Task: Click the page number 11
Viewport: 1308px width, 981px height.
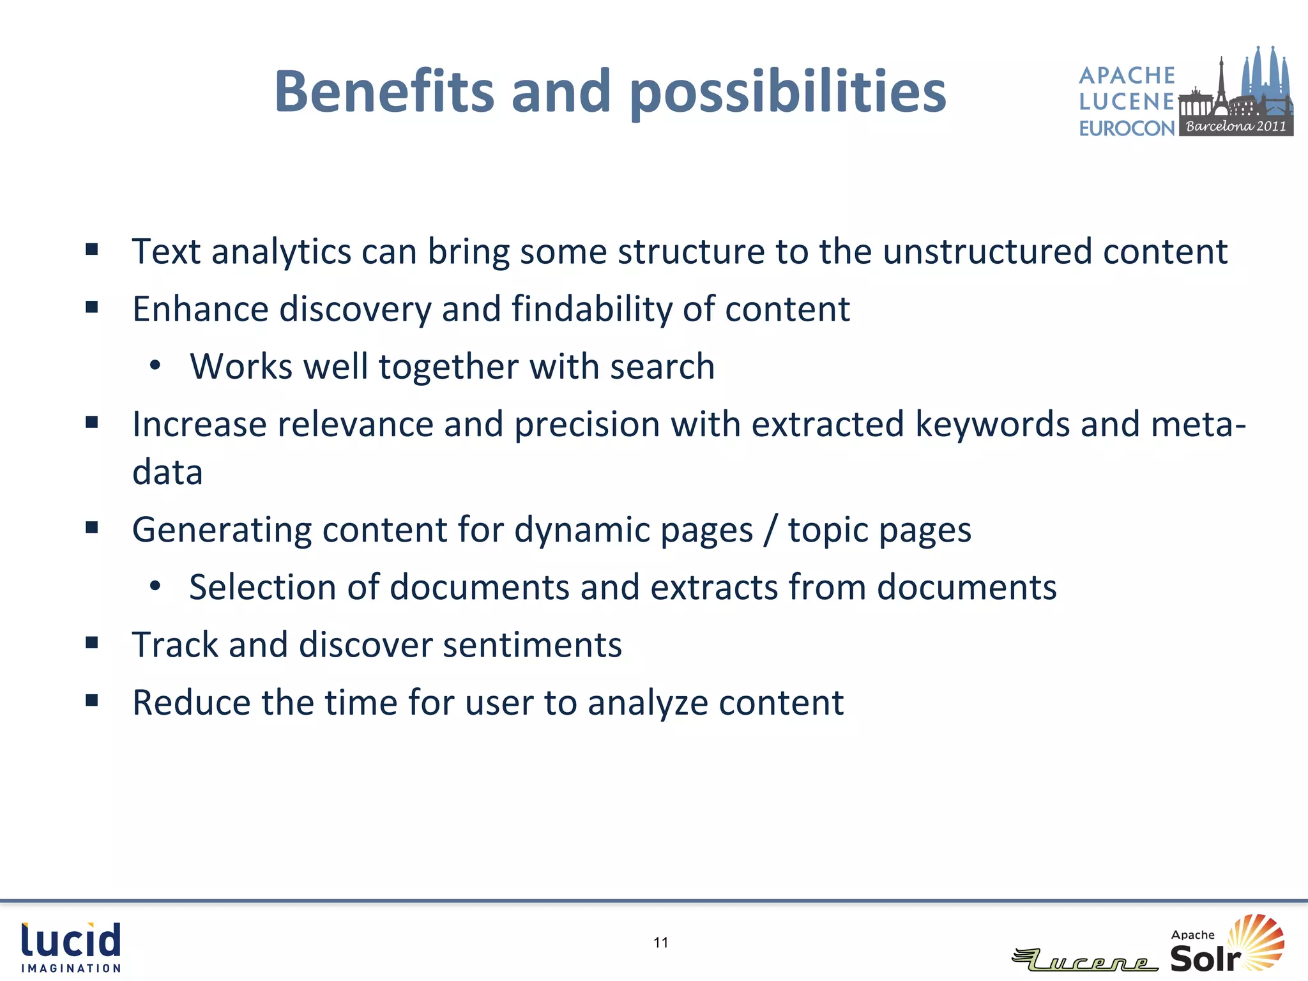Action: pos(661,942)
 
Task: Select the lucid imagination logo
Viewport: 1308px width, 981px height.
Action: pos(71,947)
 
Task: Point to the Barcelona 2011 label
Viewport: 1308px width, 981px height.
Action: pos(1236,126)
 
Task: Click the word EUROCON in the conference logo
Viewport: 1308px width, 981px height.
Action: pos(1127,128)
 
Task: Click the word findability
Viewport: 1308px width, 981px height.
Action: pos(591,309)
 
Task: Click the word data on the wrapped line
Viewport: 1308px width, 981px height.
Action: pos(167,472)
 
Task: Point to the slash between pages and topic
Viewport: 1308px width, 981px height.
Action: pos(770,530)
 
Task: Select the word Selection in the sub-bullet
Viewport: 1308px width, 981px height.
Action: pos(262,587)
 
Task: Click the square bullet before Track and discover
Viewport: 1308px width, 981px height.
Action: pos(92,643)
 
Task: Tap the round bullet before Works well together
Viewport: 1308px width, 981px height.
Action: pos(155,366)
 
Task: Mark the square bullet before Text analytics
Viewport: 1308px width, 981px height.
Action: pos(92,249)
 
